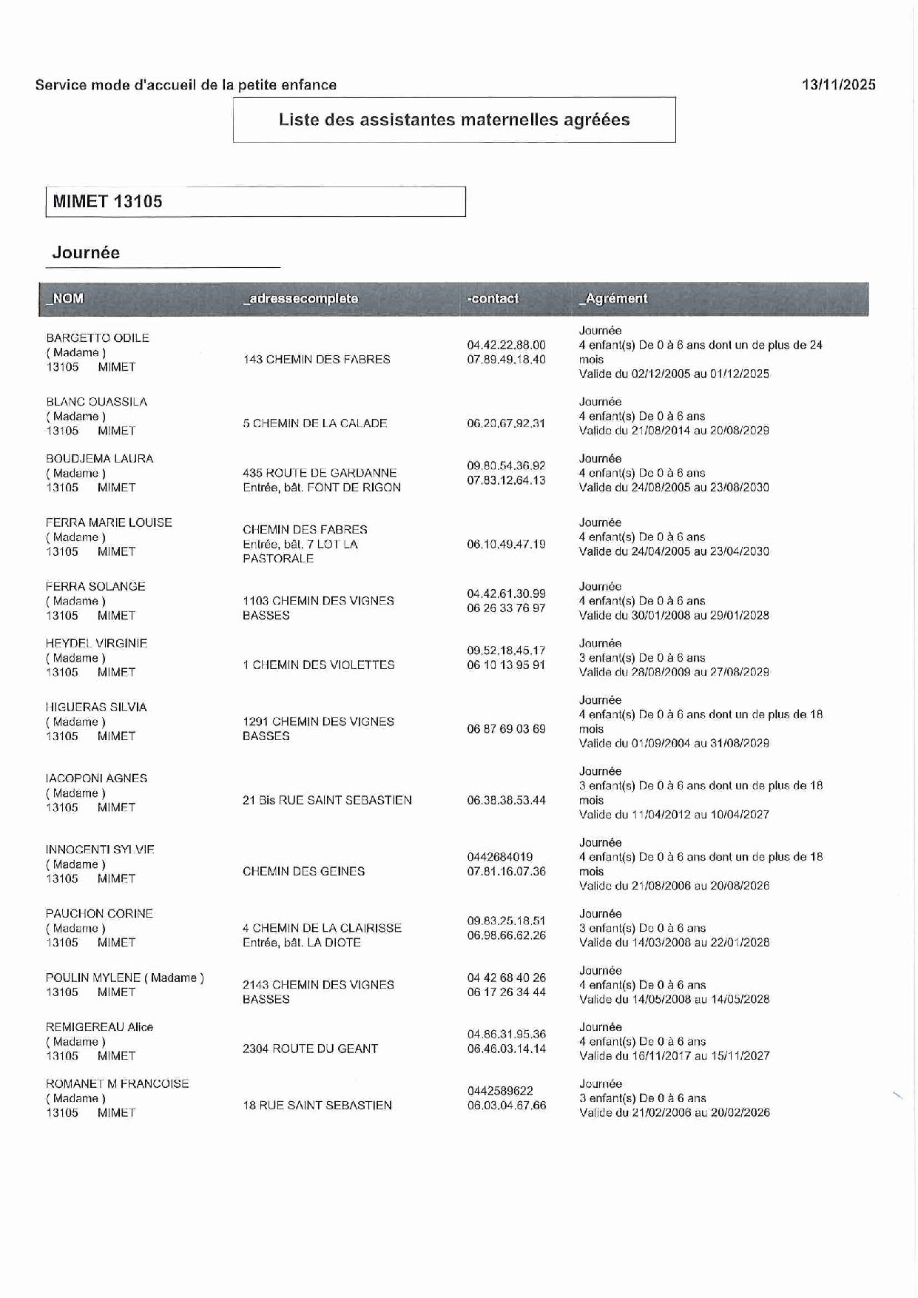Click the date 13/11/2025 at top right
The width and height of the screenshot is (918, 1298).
point(838,84)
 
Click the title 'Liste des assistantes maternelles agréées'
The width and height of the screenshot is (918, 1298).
point(454,120)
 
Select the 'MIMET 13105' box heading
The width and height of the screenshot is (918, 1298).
point(108,201)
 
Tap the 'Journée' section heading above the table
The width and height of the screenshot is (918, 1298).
point(86,252)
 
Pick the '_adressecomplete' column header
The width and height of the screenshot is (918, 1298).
point(300,298)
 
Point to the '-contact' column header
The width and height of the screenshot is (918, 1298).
point(493,298)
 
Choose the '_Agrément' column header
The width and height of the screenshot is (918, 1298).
point(612,298)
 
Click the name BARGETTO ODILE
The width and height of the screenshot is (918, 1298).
point(98,337)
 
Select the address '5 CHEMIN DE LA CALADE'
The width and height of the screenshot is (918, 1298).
point(315,423)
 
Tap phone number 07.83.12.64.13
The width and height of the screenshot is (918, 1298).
point(506,480)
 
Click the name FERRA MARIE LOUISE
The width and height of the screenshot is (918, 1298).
point(109,522)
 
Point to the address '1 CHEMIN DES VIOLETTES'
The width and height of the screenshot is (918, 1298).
point(319,665)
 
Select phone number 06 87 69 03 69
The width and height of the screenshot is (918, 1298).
point(506,729)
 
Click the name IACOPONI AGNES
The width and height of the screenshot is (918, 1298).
point(97,779)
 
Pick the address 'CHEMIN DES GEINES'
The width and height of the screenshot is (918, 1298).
point(304,871)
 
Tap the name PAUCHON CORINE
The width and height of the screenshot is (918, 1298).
point(99,913)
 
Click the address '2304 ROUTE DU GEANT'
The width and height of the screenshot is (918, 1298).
point(310,1049)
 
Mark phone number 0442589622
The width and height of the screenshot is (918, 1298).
point(500,1091)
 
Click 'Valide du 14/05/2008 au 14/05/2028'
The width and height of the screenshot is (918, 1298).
point(675,999)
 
